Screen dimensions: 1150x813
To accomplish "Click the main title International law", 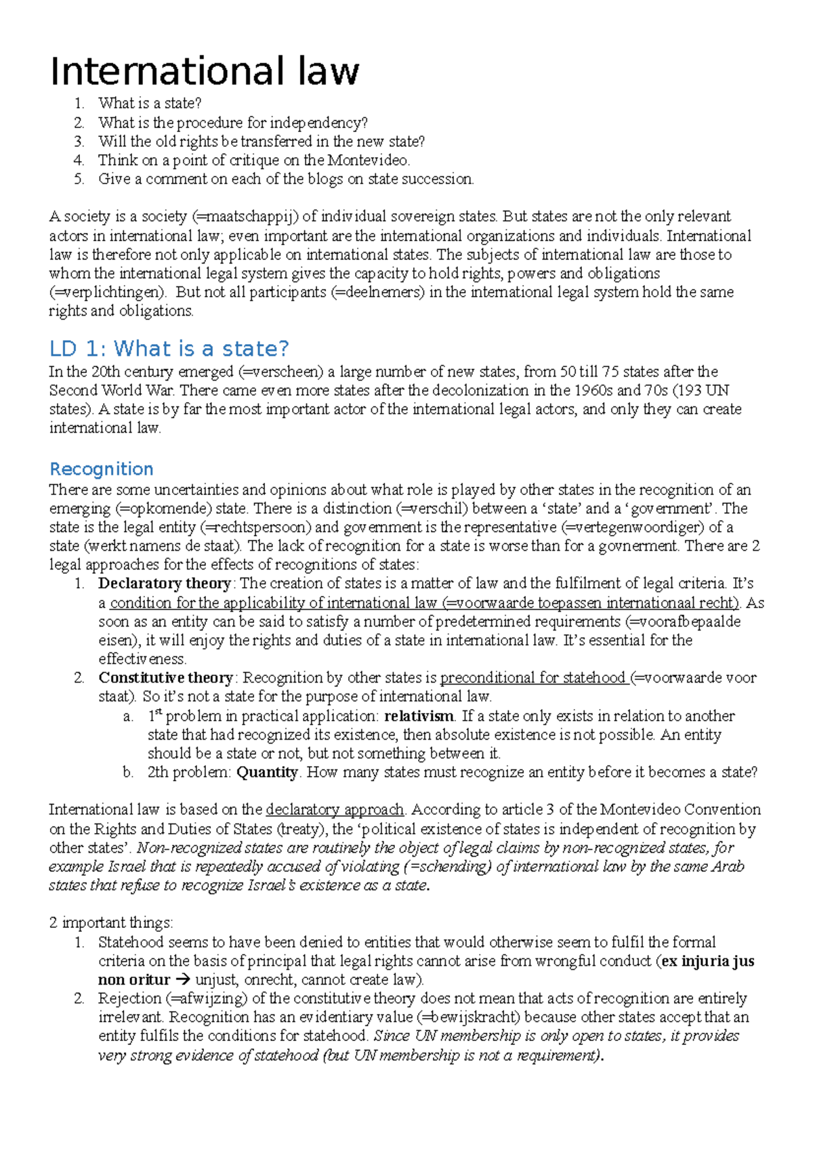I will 205,71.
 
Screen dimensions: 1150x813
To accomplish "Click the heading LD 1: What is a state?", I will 169,349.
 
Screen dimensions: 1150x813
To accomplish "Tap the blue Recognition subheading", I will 102,469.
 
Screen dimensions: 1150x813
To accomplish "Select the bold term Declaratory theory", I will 165,584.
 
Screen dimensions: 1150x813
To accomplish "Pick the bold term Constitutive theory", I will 166,678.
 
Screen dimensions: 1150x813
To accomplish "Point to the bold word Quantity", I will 267,773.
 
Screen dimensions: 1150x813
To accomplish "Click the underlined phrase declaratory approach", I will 335,810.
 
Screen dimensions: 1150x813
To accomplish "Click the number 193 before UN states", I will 690,391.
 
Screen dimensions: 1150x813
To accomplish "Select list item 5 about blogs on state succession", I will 285,179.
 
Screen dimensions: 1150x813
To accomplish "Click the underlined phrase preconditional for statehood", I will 533,678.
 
